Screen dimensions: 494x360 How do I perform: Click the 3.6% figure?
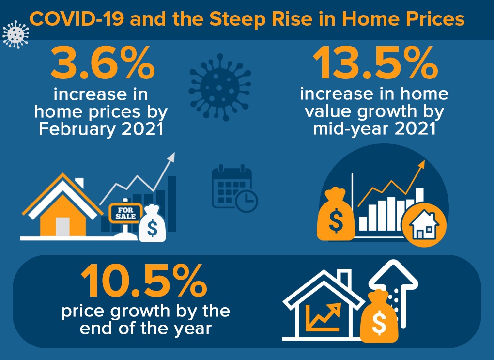point(102,63)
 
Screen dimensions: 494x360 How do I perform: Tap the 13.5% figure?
point(375,63)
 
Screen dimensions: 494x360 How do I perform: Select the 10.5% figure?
point(144,281)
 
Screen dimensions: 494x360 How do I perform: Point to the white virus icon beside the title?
point(15,34)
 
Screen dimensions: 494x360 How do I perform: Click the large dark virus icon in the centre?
point(220,87)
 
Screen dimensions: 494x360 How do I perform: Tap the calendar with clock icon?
point(235,188)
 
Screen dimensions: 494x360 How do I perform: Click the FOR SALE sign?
point(126,213)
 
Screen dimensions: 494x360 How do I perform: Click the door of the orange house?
point(62,227)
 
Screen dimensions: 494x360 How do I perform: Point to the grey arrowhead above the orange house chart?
point(171,157)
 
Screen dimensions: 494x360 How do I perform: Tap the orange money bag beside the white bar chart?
point(336,214)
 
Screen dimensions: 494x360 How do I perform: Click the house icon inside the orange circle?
point(424,225)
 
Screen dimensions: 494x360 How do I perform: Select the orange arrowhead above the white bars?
point(421,164)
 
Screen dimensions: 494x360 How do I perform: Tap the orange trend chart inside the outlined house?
point(324,317)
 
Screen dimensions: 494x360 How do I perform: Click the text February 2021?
point(101,129)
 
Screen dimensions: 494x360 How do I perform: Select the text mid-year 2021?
point(374,128)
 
